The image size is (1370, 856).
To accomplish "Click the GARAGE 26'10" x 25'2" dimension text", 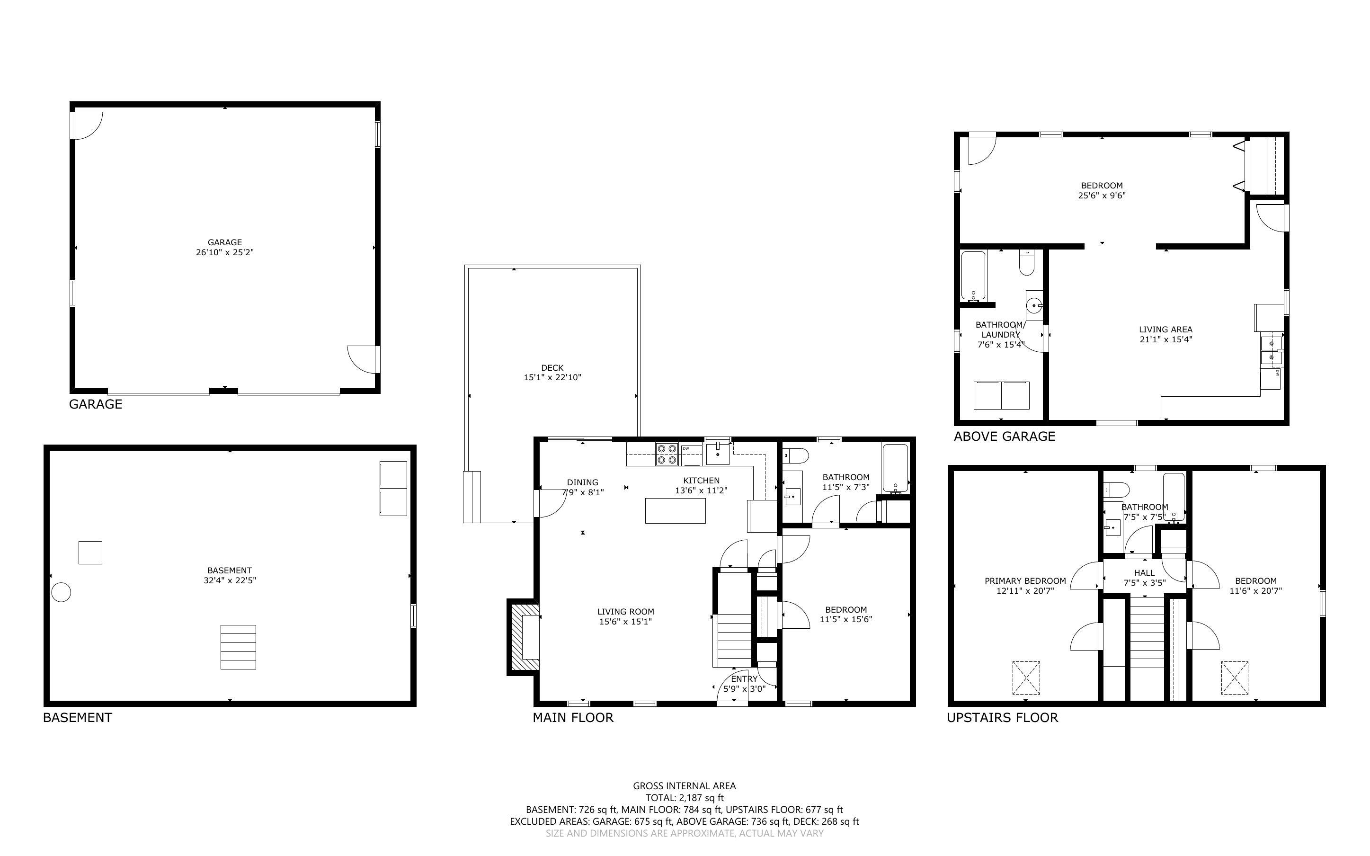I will pos(225,252).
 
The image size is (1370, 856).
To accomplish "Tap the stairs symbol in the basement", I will pos(238,647).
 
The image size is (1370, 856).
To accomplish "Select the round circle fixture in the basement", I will pos(61,593).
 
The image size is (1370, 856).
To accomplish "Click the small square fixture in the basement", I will pos(90,553).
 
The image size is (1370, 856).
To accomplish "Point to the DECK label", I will pos(552,368).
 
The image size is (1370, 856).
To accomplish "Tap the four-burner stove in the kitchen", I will pos(667,454).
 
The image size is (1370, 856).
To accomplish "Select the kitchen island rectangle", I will pos(675,511).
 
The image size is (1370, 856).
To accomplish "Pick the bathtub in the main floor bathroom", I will pos(895,469).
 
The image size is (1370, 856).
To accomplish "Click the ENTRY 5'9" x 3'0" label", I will pos(744,684).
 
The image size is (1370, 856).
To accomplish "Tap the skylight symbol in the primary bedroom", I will pos(1025,678).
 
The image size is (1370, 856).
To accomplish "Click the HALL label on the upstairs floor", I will pos(1144,573).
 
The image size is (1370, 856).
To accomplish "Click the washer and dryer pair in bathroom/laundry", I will pos(1001,395).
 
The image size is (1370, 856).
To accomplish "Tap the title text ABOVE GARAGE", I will pos(1005,436).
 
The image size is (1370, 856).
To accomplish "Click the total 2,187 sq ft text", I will pos(684,798).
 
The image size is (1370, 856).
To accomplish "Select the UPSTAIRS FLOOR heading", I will pos(1002,717).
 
